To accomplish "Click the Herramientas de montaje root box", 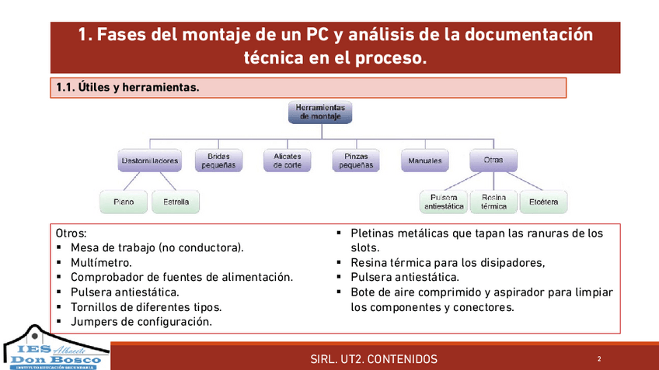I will tap(320, 112).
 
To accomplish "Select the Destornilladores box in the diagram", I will tap(150, 161).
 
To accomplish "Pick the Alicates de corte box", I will tap(287, 161).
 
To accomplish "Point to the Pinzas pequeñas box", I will tap(356, 161).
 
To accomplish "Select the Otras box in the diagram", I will tap(493, 161).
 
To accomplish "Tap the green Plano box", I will tap(124, 202).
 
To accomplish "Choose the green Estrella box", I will tap(176, 202).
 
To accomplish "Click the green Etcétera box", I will tap(543, 202).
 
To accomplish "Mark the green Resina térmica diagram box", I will tap(494, 202).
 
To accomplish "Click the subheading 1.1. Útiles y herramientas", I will tap(128, 88).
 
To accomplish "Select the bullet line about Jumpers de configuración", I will tap(141, 321).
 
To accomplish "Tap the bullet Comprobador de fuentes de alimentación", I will tap(181, 277).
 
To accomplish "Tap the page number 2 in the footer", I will tap(599, 359).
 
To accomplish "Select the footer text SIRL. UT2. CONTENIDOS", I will tap(373, 359).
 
